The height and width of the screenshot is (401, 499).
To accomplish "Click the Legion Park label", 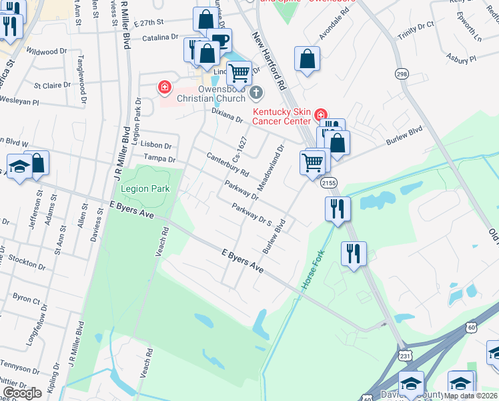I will point(145,188).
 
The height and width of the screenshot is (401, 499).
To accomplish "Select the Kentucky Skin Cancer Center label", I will point(281,116).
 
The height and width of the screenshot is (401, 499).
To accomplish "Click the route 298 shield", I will point(402,74).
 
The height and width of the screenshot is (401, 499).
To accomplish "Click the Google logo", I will point(23,392).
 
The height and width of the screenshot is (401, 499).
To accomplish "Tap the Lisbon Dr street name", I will point(157,145).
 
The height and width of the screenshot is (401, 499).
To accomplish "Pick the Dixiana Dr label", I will point(227,115).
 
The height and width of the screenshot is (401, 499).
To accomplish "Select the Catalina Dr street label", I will point(159,38).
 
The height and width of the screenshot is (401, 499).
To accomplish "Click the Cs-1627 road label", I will point(239,149).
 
